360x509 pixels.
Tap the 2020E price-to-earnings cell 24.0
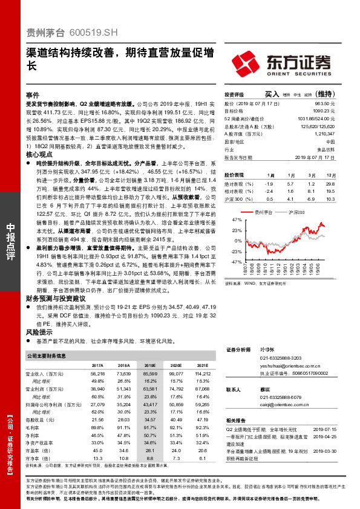pyautogui.click(x=177, y=450)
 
